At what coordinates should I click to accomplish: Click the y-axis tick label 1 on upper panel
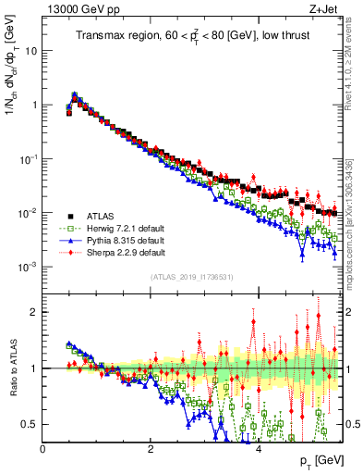click(35, 105)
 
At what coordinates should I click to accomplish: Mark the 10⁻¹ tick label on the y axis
click(30, 158)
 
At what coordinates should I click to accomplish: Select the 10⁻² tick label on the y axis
click(30, 212)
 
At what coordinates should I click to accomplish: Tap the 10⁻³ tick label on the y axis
click(30, 266)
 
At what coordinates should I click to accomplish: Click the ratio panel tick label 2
click(35, 312)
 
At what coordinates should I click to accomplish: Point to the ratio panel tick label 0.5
click(31, 424)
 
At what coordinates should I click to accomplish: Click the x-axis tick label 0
click(42, 448)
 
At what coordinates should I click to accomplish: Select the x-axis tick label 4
click(259, 448)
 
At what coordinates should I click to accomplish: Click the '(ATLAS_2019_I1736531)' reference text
click(193, 276)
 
